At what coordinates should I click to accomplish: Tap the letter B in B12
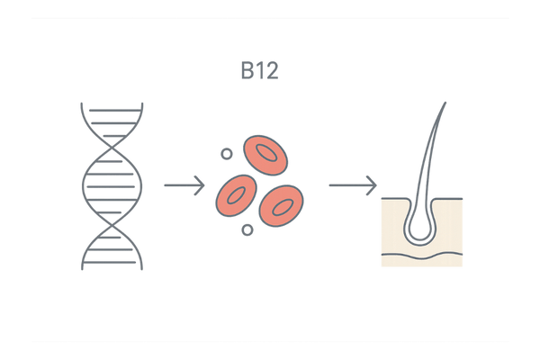coord(247,71)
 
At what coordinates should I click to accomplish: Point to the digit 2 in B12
coord(270,71)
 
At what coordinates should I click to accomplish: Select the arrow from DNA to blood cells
coord(185,185)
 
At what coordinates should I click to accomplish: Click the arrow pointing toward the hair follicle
coord(352,185)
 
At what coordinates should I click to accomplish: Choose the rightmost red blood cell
coord(280,206)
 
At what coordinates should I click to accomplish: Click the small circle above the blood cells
coord(226,154)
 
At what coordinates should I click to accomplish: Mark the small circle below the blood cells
coord(246,231)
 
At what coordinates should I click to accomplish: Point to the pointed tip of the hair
coord(445,103)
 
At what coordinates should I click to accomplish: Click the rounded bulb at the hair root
coord(419,229)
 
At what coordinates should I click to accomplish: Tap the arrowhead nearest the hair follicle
coord(372,185)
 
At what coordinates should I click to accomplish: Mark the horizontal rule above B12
coord(270,17)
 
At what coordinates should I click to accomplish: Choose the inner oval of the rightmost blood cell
coord(282,207)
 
